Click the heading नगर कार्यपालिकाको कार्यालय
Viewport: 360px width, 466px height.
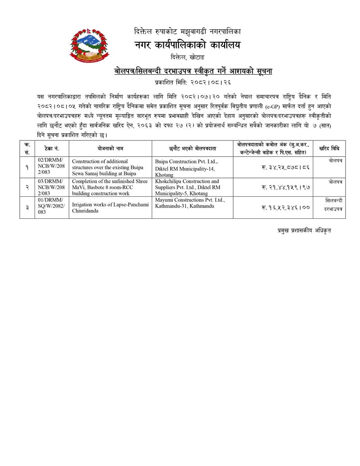pyautogui.click(x=187, y=45)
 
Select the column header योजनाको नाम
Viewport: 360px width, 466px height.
pyautogui.click(x=110, y=148)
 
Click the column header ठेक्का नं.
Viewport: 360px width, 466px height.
pyautogui.click(x=51, y=148)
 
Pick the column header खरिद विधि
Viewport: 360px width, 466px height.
pyautogui.click(x=329, y=148)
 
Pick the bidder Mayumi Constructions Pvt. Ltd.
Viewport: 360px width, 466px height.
pyautogui.click(x=189, y=200)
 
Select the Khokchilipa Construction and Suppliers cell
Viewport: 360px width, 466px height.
pyautogui.click(x=189, y=187)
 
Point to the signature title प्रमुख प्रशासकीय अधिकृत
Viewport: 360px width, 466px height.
pyautogui.click(x=304, y=231)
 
